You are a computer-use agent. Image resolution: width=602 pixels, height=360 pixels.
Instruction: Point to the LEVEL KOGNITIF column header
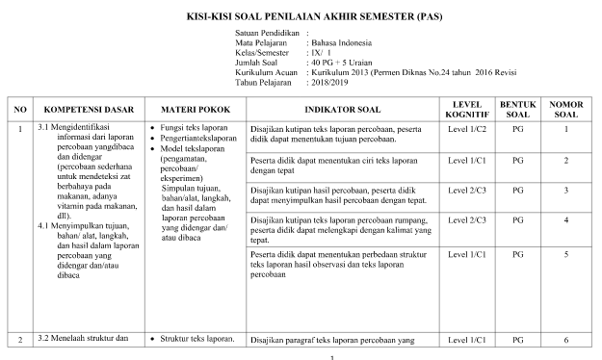coord(467,109)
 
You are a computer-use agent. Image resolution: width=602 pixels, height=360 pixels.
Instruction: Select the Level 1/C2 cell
coord(467,129)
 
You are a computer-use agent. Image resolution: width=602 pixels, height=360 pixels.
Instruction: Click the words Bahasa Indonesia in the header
coord(341,43)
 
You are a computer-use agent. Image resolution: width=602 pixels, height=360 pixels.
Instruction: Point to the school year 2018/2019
coord(329,82)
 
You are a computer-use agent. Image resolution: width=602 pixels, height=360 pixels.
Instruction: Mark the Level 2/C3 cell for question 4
coord(467,221)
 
